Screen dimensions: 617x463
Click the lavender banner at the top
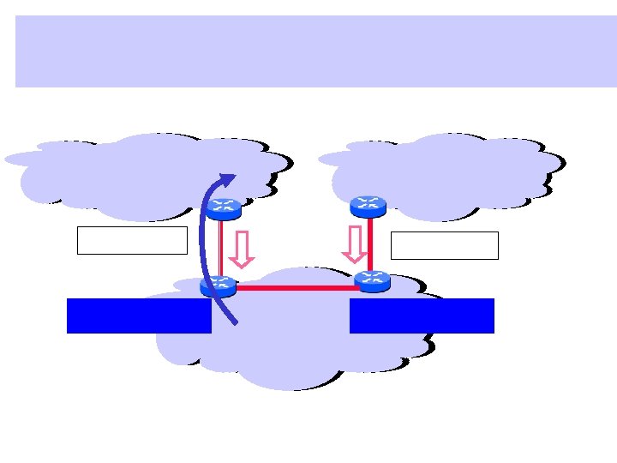(x=315, y=51)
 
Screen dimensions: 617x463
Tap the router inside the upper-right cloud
(x=369, y=206)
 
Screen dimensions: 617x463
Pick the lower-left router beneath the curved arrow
(x=218, y=286)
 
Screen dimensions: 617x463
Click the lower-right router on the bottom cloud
(x=372, y=280)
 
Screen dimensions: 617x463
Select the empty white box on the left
(x=132, y=240)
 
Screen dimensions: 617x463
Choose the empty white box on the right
(x=444, y=245)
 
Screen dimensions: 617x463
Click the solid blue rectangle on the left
(x=139, y=316)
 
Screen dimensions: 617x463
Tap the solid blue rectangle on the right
(x=422, y=316)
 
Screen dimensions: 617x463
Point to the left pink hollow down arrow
(x=242, y=249)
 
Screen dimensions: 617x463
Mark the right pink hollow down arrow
(x=353, y=244)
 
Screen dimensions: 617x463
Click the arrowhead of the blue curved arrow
(x=228, y=177)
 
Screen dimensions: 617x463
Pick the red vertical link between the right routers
(x=370, y=243)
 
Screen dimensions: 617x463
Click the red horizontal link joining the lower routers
(x=295, y=288)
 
